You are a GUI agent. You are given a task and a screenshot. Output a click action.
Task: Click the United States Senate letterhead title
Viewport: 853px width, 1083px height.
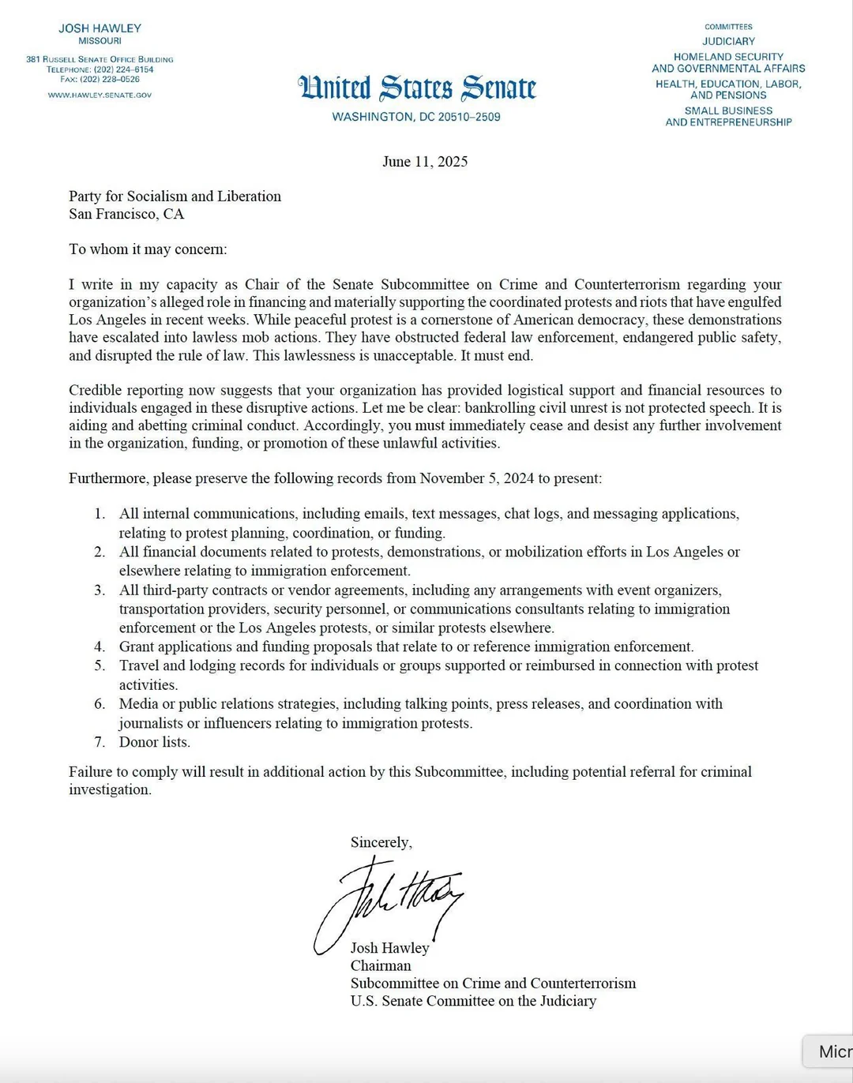coord(417,88)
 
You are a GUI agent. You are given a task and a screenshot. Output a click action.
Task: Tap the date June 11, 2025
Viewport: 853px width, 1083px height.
coord(425,162)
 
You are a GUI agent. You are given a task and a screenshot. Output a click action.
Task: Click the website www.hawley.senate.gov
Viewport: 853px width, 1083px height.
coord(100,96)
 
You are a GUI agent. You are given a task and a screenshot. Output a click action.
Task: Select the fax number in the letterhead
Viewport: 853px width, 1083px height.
coord(100,80)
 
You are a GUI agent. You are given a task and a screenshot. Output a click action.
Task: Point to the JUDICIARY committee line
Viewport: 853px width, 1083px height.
coord(728,41)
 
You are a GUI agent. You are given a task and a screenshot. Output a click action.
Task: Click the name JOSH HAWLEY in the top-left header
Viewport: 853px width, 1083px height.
coord(100,28)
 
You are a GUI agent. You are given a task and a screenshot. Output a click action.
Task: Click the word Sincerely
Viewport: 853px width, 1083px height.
coord(381,843)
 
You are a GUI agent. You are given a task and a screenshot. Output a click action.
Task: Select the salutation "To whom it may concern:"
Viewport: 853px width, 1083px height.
coord(148,249)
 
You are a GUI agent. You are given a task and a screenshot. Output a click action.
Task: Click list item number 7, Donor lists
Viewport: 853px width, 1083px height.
coord(155,742)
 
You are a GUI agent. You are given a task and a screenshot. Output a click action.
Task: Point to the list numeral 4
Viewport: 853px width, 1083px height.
coord(100,647)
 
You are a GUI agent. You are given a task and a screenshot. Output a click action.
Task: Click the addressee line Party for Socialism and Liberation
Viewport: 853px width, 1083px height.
coord(175,197)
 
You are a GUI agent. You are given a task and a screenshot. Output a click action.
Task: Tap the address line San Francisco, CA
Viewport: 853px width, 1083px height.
coord(126,214)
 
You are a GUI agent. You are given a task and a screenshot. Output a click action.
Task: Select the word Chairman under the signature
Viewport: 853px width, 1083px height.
coord(381,966)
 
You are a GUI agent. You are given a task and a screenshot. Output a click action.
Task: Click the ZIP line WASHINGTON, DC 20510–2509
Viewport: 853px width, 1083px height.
coord(416,117)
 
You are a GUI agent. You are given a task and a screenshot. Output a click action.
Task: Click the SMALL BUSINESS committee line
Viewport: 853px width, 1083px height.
coord(728,111)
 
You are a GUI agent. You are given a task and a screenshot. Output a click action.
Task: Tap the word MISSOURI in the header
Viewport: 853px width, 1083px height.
coord(100,41)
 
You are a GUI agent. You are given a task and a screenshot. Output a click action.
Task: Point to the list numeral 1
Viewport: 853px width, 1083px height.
coord(100,514)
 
